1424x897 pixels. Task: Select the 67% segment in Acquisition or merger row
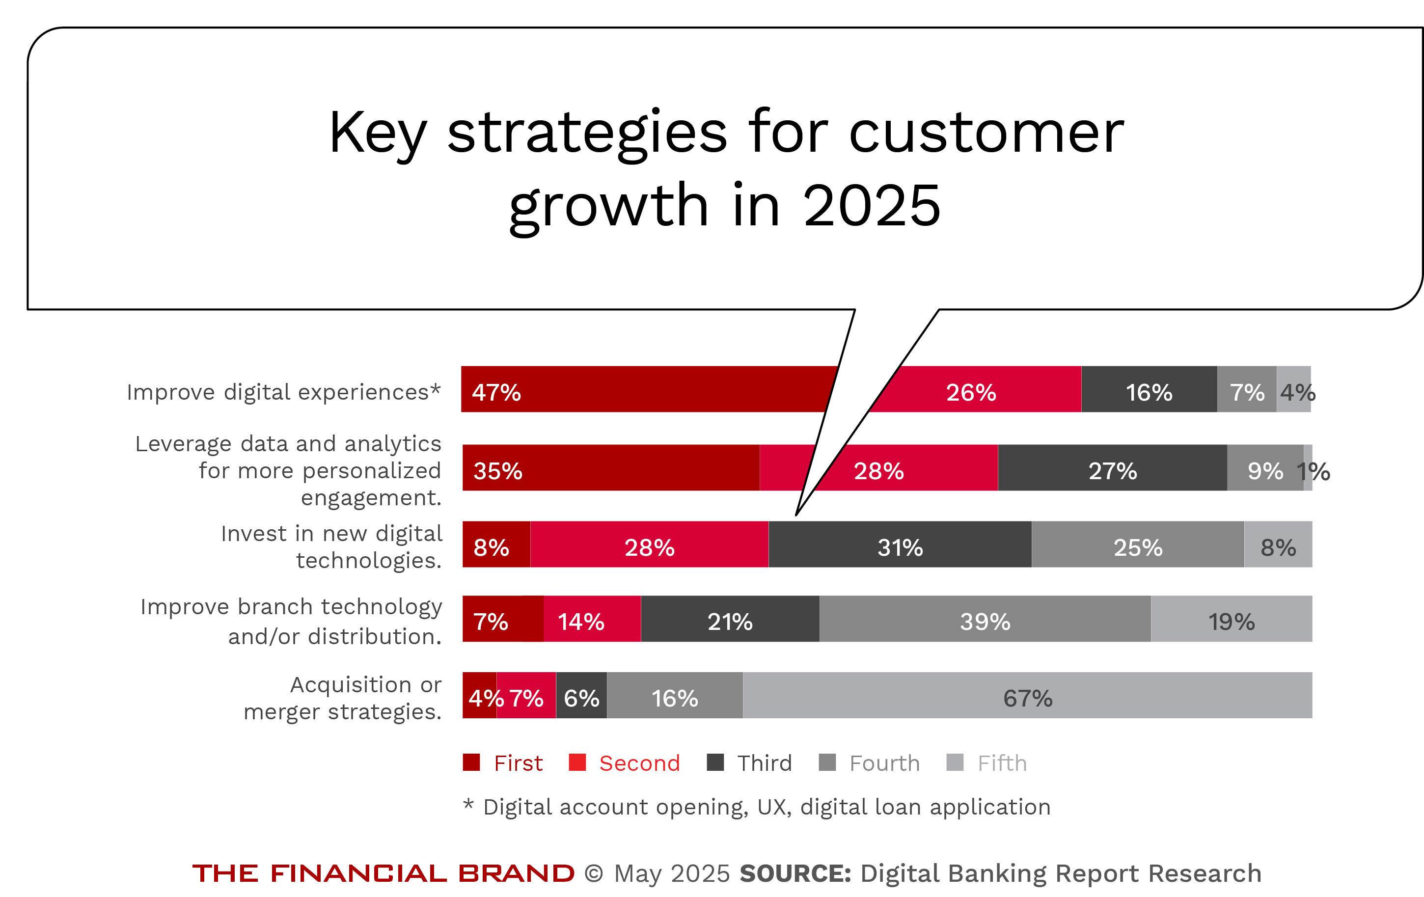pyautogui.click(x=1027, y=695)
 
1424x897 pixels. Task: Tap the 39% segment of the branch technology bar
pyautogui.click(x=985, y=619)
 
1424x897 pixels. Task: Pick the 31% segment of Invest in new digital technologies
pyautogui.click(x=900, y=544)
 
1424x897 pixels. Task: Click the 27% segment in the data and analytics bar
pyautogui.click(x=1112, y=468)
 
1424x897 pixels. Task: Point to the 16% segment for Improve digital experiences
pyautogui.click(x=1149, y=389)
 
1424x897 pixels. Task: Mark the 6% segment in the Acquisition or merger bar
pyautogui.click(x=581, y=695)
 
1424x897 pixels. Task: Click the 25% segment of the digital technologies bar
pyautogui.click(x=1137, y=544)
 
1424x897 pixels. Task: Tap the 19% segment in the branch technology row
pyautogui.click(x=1231, y=619)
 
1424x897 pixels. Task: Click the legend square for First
pyautogui.click(x=471, y=762)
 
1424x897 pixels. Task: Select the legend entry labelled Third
pyautogui.click(x=764, y=763)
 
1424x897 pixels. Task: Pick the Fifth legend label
pyautogui.click(x=1002, y=763)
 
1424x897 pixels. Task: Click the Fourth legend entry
pyautogui.click(x=883, y=763)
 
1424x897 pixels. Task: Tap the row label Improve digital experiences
pyautogui.click(x=283, y=392)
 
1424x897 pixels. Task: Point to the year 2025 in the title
pyautogui.click(x=871, y=205)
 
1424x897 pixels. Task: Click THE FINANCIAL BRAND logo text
pyautogui.click(x=383, y=873)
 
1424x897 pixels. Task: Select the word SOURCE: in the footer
pyautogui.click(x=795, y=873)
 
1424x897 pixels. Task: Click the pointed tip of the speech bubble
pyautogui.click(x=796, y=514)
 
